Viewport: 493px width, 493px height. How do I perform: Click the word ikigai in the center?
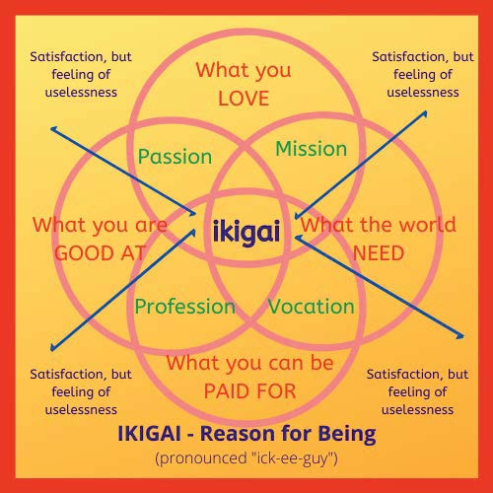(246, 232)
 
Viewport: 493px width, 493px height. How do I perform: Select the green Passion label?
(175, 157)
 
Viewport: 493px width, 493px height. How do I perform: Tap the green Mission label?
(312, 149)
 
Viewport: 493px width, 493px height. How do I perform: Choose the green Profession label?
(185, 307)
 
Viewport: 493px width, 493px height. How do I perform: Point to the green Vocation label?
(312, 307)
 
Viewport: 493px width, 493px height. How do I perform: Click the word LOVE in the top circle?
(244, 99)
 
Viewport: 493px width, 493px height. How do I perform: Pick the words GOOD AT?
(101, 253)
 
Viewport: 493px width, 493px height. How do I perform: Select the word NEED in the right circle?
(378, 253)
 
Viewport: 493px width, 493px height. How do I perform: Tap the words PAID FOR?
(249, 391)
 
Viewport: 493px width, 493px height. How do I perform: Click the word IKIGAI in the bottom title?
(149, 434)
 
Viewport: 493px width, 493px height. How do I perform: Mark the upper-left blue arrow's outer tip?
(51, 128)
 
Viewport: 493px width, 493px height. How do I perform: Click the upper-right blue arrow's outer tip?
(426, 112)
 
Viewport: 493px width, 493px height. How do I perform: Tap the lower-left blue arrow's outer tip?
(51, 350)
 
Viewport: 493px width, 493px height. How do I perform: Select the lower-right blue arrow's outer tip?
(462, 336)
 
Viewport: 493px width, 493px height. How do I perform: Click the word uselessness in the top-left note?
(81, 93)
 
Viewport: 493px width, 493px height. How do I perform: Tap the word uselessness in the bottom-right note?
(417, 410)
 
